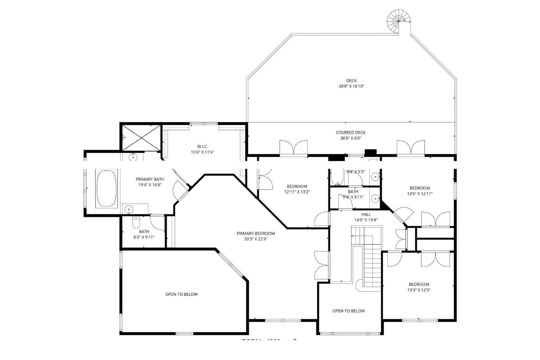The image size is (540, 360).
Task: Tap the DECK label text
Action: click(351, 80)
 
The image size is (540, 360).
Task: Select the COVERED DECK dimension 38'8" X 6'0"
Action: click(351, 138)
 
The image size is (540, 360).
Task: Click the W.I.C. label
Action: click(202, 146)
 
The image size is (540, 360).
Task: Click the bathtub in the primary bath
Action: click(106, 188)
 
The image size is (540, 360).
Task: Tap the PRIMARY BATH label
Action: click(150, 179)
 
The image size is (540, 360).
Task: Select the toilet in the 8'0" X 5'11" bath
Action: click(136, 222)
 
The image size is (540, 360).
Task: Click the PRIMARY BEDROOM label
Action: click(256, 233)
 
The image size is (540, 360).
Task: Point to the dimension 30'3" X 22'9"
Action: click(256, 239)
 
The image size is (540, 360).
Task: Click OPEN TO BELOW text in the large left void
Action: click(181, 294)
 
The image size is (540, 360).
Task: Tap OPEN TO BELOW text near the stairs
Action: click(349, 311)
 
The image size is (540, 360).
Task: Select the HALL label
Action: click(366, 214)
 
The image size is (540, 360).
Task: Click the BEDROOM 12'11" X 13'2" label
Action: click(297, 186)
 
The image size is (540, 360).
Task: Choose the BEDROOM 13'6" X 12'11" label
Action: click(420, 188)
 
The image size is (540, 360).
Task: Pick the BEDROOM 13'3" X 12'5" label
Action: click(419, 284)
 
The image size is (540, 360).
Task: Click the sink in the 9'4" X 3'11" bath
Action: click(375, 199)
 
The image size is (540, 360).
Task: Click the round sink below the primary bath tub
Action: click(128, 209)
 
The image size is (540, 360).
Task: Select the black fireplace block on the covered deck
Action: click(370, 152)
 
